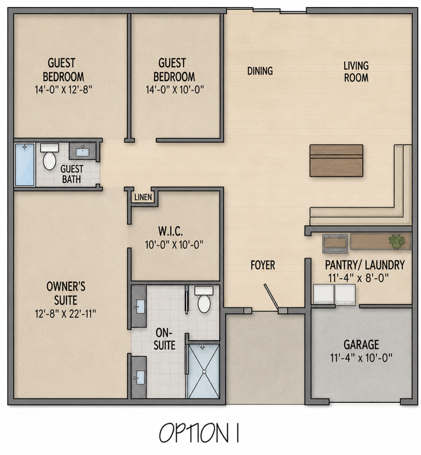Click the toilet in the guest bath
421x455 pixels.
[49, 157]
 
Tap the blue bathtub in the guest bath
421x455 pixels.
[25, 165]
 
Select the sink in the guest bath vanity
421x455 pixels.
[83, 151]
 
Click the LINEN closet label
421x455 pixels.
[143, 197]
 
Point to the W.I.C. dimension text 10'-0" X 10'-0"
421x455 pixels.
[174, 245]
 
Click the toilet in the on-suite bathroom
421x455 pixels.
[204, 299]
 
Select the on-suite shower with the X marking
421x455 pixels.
[204, 371]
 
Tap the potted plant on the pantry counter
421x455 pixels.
[397, 241]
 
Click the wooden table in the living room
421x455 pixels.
[336, 160]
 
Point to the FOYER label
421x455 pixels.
[263, 265]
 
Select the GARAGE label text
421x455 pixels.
[361, 344]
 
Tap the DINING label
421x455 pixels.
[260, 71]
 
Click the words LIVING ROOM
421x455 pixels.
[356, 71]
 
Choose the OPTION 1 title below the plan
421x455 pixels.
[199, 432]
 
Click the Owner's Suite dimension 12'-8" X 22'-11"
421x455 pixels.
[66, 314]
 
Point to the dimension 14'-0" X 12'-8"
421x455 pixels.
[63, 90]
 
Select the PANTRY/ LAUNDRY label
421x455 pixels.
[365, 265]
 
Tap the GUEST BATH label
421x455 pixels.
[72, 174]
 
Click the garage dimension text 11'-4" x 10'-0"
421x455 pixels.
[361, 358]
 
